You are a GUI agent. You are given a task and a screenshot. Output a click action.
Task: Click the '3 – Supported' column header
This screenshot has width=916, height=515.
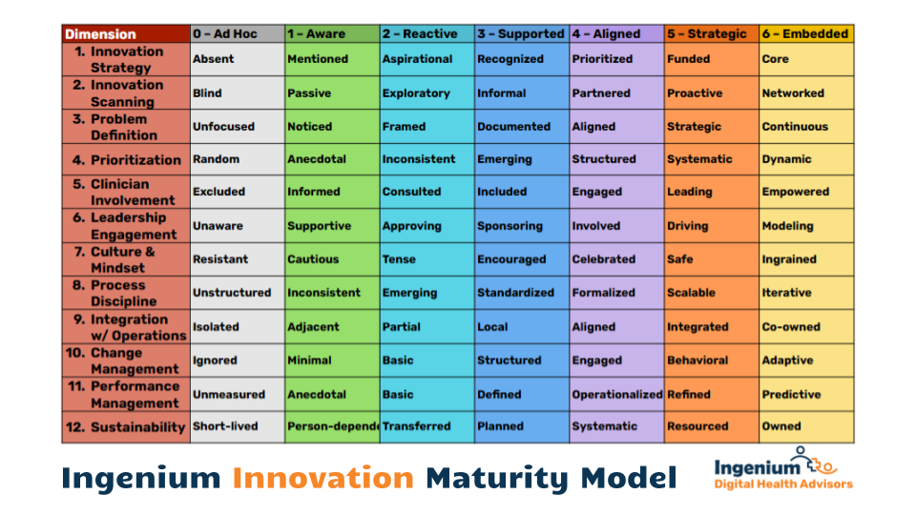point(522,34)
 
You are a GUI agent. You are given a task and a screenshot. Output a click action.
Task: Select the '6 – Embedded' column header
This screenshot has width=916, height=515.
point(806,34)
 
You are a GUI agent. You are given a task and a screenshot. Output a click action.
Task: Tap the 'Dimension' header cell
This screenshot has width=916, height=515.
point(126,34)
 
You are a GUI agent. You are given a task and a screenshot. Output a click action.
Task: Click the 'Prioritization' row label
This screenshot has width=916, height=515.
point(126,159)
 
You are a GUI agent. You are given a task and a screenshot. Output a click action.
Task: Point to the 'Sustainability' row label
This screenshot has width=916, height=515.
point(126,427)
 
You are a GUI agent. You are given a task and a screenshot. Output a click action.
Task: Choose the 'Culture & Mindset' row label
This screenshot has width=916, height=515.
point(126,259)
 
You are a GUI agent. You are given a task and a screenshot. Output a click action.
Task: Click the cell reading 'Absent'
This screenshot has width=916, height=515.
point(238,59)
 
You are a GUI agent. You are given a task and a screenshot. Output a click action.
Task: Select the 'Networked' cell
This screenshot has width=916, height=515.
point(806,93)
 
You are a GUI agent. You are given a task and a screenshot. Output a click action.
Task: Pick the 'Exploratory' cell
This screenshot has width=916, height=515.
point(427,93)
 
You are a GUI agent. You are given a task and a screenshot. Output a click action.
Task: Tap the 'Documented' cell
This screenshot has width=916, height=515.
point(522,127)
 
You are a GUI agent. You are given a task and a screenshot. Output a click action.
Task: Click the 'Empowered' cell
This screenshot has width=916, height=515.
point(806,192)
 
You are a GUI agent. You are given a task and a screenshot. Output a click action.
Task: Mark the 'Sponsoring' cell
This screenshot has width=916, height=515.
point(522,226)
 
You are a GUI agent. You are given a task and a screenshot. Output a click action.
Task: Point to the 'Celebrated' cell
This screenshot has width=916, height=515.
point(617,259)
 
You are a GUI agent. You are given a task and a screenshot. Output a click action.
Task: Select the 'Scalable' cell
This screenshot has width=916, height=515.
point(712,293)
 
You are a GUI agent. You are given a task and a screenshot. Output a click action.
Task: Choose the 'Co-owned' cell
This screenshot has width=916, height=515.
point(806,327)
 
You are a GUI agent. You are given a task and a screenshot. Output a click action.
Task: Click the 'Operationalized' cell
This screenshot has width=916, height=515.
point(617,394)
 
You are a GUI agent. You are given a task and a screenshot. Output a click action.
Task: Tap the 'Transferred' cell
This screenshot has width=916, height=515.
point(427,427)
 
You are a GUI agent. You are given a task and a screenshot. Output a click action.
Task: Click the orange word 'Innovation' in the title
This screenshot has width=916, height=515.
point(323,478)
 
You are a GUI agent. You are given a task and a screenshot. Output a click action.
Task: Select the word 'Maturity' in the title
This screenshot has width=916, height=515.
point(496,479)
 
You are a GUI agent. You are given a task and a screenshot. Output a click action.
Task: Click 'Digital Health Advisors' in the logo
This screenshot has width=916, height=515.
point(783,484)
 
